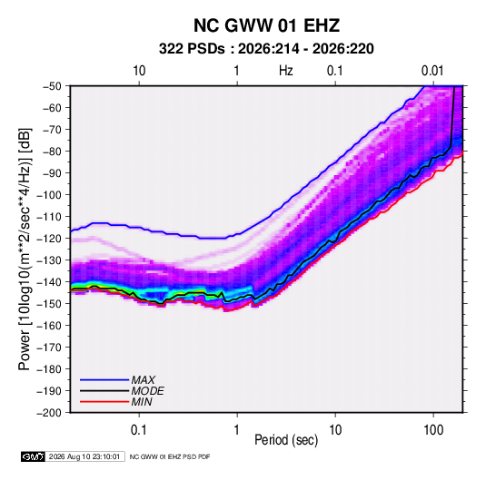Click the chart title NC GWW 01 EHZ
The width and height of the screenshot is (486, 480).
point(266,25)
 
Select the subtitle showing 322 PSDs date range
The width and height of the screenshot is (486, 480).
point(266,49)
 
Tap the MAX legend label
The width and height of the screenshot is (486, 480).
point(144,380)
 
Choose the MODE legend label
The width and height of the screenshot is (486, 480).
point(147,391)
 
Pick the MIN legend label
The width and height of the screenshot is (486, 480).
point(142,402)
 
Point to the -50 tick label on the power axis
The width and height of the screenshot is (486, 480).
point(52,86)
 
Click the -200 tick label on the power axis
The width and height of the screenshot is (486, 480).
point(49,413)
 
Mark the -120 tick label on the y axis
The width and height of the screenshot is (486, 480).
point(49,239)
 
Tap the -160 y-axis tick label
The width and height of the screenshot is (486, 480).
point(49,326)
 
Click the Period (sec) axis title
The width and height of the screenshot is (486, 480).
point(286,440)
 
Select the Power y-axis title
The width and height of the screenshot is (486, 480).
point(25,250)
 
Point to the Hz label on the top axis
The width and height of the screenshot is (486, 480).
point(286,71)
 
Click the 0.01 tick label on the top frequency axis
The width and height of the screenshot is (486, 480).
point(432,71)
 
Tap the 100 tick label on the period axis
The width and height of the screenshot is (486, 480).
point(433,430)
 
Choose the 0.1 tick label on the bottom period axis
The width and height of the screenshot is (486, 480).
point(139,430)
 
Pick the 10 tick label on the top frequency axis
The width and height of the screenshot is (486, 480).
point(139,71)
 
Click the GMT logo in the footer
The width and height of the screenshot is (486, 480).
point(33,456)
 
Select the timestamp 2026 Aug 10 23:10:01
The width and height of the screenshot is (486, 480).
point(84,456)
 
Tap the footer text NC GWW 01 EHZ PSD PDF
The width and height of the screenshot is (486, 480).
point(170,456)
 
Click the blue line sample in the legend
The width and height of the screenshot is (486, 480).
point(104,379)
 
